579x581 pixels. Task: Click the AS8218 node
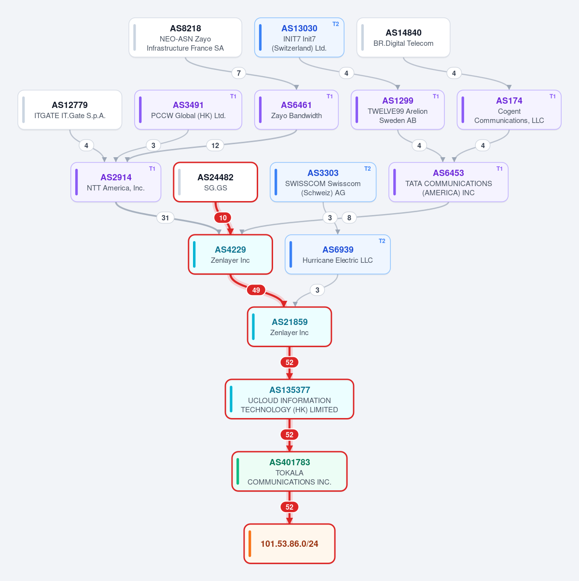[185, 38]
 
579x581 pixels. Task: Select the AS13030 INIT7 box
[299, 38]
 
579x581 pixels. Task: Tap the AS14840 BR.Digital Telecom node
[403, 38]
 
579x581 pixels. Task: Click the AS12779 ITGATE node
[69, 110]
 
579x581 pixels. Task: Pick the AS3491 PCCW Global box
[188, 110]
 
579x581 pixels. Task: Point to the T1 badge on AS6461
[330, 96]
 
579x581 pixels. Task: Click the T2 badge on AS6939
[382, 241]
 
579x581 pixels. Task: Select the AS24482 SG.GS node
[215, 182]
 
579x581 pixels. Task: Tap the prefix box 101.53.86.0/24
[289, 543]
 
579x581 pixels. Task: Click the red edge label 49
[256, 290]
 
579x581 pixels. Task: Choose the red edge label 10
[222, 217]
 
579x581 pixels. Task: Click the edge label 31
[165, 217]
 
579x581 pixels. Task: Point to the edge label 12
[215, 145]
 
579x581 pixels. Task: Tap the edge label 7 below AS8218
[239, 73]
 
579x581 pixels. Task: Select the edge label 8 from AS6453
[349, 217]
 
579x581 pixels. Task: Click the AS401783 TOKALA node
[289, 471]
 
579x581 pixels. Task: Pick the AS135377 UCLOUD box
[289, 399]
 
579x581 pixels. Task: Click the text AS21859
[289, 322]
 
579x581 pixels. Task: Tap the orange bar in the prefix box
[250, 543]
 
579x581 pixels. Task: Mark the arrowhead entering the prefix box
[289, 521]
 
